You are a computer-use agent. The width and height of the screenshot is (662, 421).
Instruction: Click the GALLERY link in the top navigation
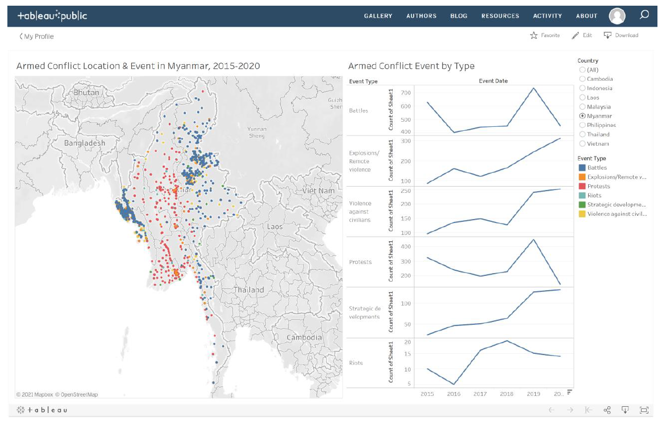click(378, 16)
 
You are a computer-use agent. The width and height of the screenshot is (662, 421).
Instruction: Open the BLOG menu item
click(459, 16)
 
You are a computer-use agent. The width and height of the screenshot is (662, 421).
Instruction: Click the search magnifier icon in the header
click(644, 15)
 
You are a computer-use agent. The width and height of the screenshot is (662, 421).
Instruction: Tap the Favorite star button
click(544, 35)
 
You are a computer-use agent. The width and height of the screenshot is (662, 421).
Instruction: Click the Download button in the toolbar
click(621, 35)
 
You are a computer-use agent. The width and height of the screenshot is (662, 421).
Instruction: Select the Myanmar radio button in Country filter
click(582, 116)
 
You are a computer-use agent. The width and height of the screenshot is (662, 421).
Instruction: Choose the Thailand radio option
click(582, 134)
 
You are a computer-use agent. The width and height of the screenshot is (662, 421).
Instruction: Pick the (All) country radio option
click(582, 70)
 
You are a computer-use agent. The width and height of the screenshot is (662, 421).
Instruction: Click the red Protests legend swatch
click(582, 186)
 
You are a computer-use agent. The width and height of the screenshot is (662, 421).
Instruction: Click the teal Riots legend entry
click(582, 196)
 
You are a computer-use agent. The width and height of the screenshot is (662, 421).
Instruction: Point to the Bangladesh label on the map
click(84, 143)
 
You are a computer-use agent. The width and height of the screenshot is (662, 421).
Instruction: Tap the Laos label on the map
click(274, 226)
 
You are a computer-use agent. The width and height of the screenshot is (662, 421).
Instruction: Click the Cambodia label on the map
click(304, 337)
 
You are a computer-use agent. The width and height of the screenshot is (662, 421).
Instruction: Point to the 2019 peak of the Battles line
click(534, 88)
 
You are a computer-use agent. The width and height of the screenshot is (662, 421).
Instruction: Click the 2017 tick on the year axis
click(480, 394)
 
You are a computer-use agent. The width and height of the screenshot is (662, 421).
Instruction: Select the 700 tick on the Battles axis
click(405, 93)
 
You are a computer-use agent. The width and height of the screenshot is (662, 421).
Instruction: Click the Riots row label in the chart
click(356, 363)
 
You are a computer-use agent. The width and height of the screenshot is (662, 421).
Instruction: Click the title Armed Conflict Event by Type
click(411, 66)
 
